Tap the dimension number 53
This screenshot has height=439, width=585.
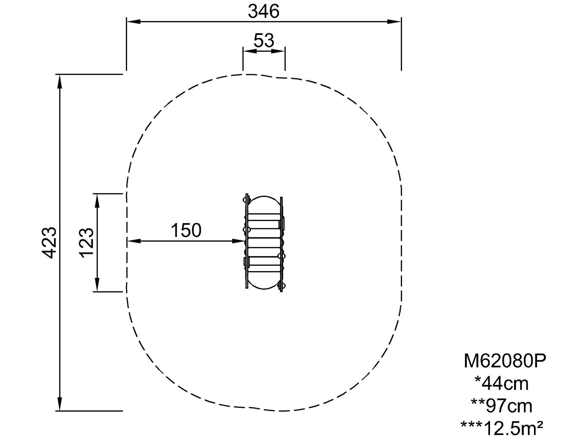264,41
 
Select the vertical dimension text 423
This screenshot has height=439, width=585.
49,242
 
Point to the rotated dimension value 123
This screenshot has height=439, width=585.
86,242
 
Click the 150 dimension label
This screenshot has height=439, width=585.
186,231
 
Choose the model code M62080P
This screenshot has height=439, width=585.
505,361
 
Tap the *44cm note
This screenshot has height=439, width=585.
501,383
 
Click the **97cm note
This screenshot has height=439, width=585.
501,405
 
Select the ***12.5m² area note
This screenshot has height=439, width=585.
502,428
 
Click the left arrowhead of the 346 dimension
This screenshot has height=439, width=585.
133,22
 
